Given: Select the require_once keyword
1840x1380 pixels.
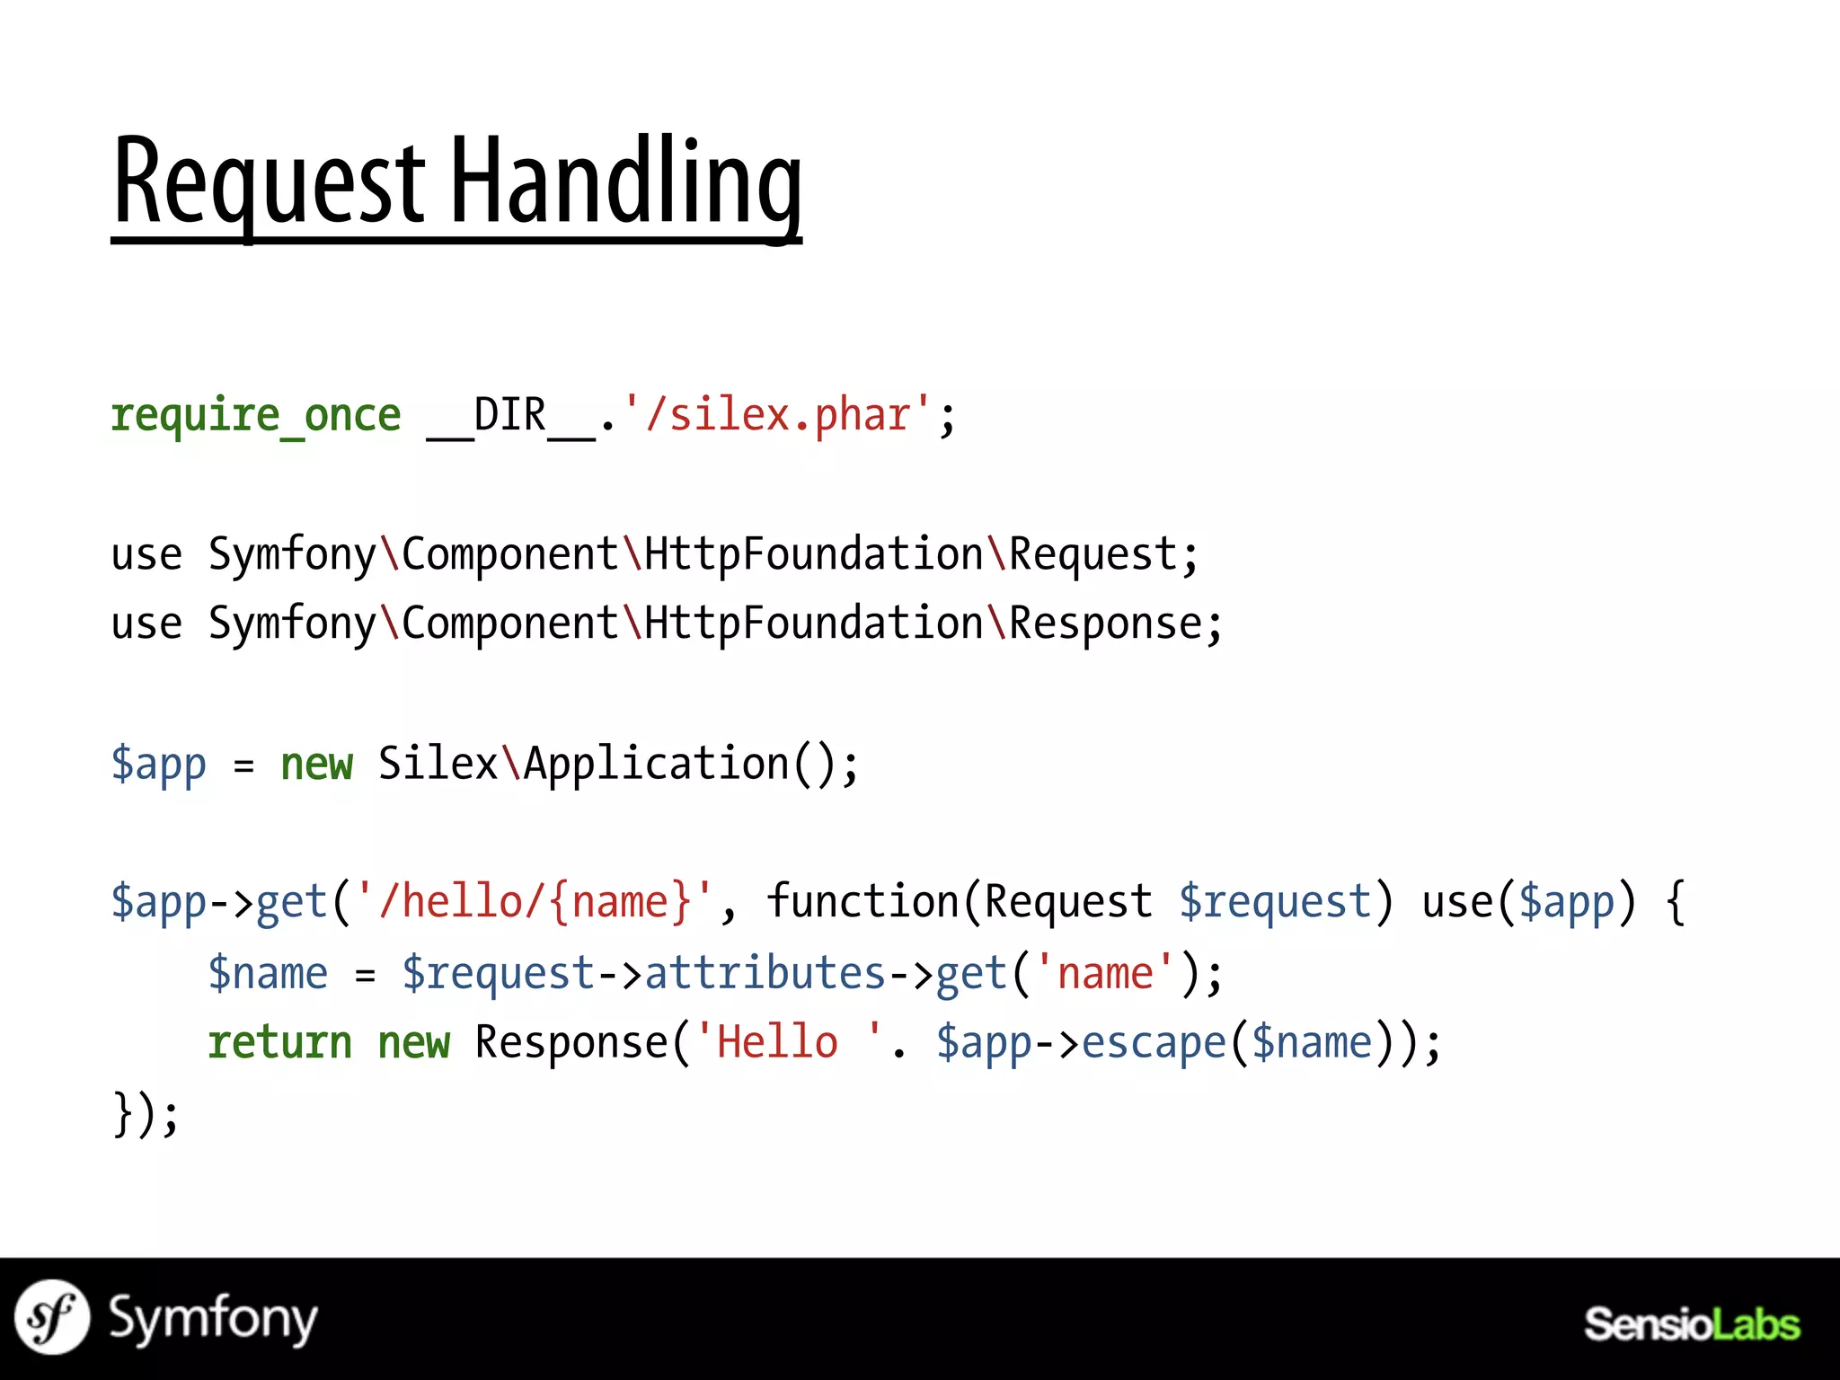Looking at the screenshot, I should pyautogui.click(x=256, y=415).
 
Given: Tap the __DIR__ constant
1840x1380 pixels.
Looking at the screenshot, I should pyautogui.click(x=510, y=415).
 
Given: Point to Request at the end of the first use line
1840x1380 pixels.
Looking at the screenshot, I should pyautogui.click(x=1092, y=554).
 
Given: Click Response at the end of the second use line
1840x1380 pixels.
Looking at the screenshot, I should pyautogui.click(x=1105, y=624).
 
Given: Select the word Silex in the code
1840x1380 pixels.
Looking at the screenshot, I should pyautogui.click(x=438, y=764).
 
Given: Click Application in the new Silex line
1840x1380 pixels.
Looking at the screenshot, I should pyautogui.click(x=656, y=764).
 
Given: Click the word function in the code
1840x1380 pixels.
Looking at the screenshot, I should pyautogui.click(x=863, y=902).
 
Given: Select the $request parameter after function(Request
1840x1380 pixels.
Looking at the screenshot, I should pyautogui.click(x=1275, y=902).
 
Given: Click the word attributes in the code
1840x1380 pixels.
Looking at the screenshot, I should pyautogui.click(x=765, y=973).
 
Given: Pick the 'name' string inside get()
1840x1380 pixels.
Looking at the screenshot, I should pyautogui.click(x=1105, y=973).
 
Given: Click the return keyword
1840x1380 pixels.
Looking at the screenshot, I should pyautogui.click(x=279, y=1043).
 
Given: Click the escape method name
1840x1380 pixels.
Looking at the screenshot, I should pyautogui.click(x=1154, y=1043).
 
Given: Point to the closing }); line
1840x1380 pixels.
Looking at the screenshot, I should pyautogui.click(x=146, y=1114).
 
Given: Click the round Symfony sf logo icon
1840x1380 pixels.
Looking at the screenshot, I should pyautogui.click(x=52, y=1317).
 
